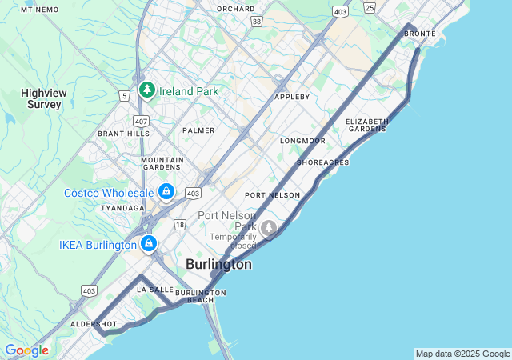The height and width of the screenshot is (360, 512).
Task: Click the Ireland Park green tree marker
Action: coord(146,90)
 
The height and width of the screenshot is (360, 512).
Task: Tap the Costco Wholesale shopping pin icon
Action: coord(166,191)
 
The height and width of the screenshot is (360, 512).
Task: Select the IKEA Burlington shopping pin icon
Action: coord(149,243)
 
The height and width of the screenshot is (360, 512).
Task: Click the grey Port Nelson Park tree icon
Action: coord(269,228)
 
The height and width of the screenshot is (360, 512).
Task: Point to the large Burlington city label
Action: coord(218,264)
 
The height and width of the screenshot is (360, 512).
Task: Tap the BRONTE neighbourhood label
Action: coord(420,34)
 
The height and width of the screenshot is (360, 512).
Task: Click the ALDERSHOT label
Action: coord(94,324)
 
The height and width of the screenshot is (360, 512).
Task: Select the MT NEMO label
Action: coord(40,9)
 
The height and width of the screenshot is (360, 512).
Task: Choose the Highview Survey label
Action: coord(44,98)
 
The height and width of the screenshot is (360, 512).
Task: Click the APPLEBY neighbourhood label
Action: coord(292,97)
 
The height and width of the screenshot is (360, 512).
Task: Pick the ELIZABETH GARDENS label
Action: coord(367,125)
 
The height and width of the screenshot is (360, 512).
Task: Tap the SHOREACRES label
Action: coord(322,162)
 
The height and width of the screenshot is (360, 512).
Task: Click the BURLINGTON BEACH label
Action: coord(201,297)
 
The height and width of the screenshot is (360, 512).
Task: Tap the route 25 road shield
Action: coord(369,7)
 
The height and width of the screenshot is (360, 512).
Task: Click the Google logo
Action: coord(26,350)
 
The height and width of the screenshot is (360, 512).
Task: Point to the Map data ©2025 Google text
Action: coord(462,354)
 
